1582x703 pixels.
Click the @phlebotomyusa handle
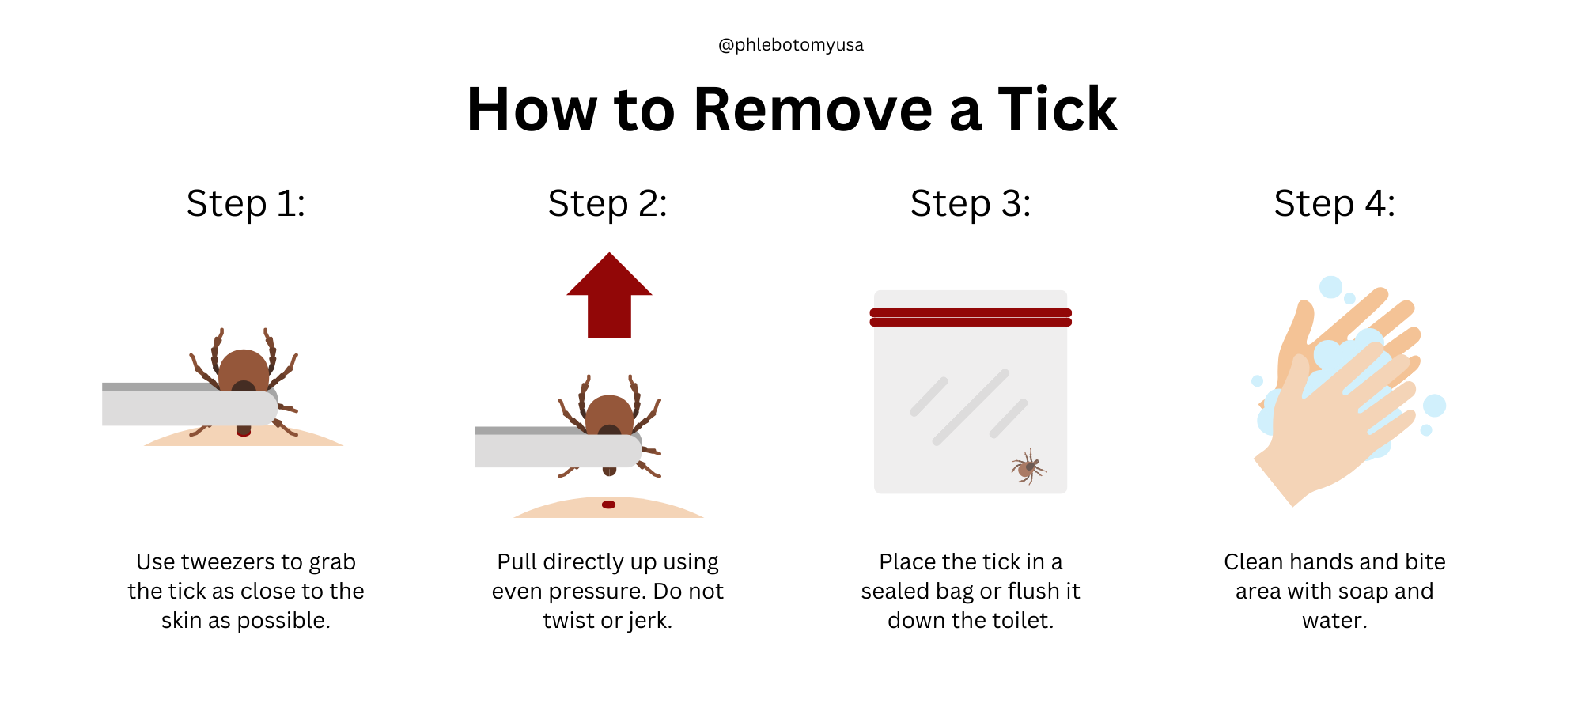[790, 45]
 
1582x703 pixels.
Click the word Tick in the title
[1058, 109]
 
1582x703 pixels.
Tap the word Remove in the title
[813, 109]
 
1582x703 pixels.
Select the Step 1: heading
[246, 203]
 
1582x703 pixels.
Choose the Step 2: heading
[607, 203]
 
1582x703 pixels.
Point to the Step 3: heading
[971, 203]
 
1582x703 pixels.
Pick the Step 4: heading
[1334, 203]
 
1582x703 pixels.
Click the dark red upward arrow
[609, 296]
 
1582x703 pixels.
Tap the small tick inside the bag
[1028, 467]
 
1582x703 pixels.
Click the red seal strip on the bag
[971, 317]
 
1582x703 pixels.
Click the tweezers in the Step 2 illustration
[558, 448]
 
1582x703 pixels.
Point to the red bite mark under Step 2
[608, 505]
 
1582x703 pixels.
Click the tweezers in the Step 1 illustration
[190, 404]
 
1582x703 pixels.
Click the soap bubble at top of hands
[1331, 287]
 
